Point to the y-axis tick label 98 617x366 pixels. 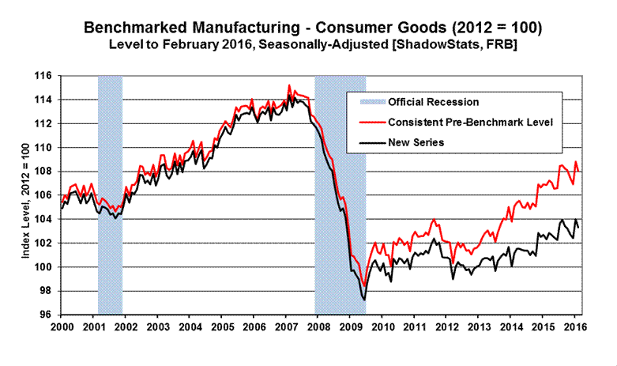[45, 291]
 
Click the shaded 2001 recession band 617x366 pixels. [110, 198]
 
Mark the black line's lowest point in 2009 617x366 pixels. [364, 300]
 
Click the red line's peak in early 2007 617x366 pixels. [289, 85]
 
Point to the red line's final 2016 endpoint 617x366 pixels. [579, 171]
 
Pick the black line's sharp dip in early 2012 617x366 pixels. [453, 278]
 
